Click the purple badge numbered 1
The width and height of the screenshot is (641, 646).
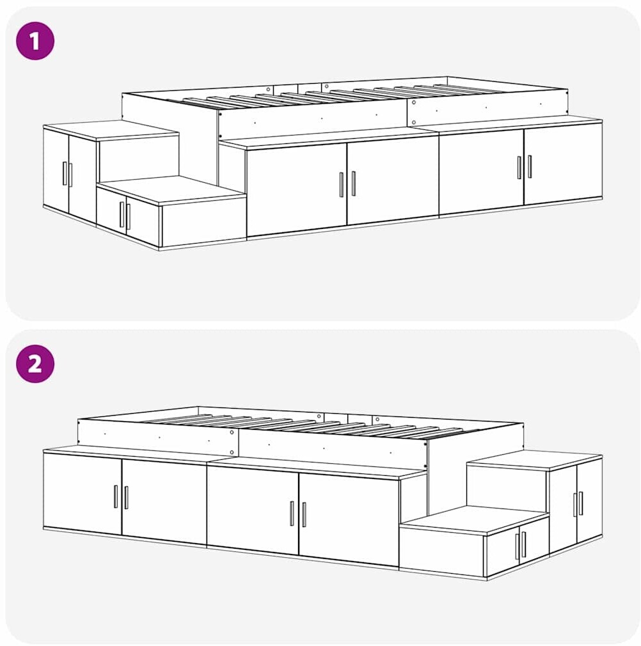pos(35,41)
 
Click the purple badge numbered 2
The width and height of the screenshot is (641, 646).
pos(35,364)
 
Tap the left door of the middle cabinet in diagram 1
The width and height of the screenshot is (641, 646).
pos(297,189)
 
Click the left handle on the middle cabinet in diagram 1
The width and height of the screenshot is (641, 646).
pos(341,185)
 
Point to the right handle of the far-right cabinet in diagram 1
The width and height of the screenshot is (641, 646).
pos(529,166)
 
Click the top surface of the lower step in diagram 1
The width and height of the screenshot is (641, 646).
pos(172,189)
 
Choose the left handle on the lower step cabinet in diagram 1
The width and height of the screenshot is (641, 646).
pos(122,215)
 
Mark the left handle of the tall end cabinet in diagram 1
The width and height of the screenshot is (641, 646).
pos(64,173)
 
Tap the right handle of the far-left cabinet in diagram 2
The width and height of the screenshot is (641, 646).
pos(126,497)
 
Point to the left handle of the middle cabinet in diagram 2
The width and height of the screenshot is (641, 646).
pos(292,514)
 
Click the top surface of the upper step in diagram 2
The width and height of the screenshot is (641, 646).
pos(534,460)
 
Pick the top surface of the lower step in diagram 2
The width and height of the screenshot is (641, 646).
pos(474,519)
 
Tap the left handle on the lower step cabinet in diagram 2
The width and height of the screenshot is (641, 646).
pos(517,546)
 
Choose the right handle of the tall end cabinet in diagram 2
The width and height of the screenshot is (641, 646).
pos(581,503)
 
